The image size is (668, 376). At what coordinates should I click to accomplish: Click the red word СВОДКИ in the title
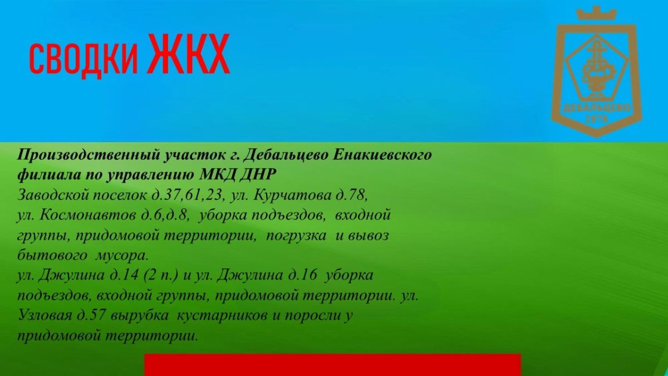pyautogui.click(x=83, y=59)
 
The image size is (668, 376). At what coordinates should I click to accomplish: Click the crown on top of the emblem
pyautogui.click(x=596, y=13)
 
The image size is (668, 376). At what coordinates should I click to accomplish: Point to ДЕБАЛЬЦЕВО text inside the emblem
pyautogui.click(x=597, y=108)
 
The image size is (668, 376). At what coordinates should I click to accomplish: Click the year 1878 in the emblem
pyautogui.click(x=597, y=119)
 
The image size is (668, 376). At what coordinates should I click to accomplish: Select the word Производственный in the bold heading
pyautogui.click(x=89, y=155)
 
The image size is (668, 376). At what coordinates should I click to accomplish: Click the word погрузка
pyautogui.click(x=296, y=236)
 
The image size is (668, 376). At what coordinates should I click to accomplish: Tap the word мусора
pyautogui.click(x=122, y=256)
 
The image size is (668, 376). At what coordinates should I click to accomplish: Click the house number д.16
pyautogui.click(x=302, y=275)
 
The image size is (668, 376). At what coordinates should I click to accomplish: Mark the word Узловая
pyautogui.click(x=45, y=315)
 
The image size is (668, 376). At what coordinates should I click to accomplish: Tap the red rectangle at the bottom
pyautogui.click(x=332, y=365)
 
